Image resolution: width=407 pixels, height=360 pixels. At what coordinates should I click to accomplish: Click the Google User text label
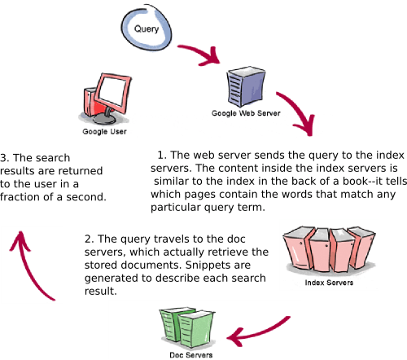(104, 130)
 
